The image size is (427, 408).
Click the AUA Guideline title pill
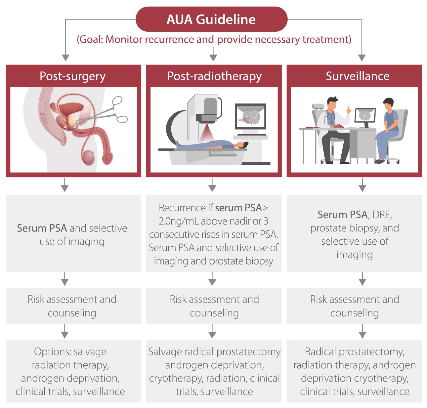211,19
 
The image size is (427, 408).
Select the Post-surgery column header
73,76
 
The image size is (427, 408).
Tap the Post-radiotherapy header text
214,76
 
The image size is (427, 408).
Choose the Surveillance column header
357,76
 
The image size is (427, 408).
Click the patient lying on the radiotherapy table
213,144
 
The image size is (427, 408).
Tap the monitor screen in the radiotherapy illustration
251,116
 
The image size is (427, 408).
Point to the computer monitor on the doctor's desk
365,116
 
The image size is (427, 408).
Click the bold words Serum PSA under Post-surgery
42,228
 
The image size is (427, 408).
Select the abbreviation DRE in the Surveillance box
382,215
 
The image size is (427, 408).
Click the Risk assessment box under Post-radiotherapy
214,306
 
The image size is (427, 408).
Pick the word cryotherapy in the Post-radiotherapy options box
175,378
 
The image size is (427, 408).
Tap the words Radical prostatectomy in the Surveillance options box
354,352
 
